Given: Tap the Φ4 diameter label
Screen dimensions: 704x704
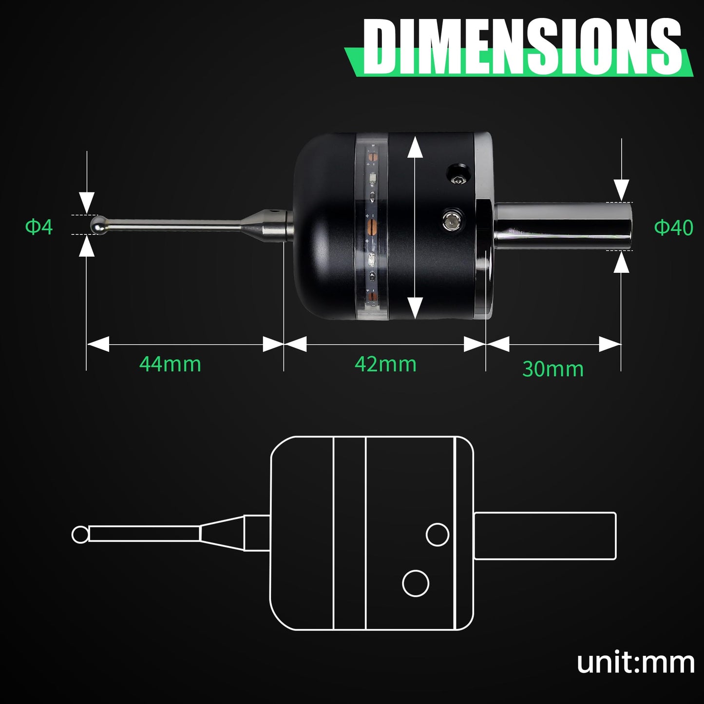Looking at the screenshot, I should click(39, 227).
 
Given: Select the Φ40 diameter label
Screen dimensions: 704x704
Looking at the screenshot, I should click(673, 228).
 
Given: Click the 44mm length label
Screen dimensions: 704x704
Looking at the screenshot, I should click(170, 364).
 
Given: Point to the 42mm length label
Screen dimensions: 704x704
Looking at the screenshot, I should click(385, 364).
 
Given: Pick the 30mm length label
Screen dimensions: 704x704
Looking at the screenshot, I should click(552, 369).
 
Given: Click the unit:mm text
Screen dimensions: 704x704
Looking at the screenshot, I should click(635, 663).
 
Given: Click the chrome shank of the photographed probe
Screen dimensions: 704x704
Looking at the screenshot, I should click(563, 226).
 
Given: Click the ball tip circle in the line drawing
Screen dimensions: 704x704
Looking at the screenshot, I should click(80, 534).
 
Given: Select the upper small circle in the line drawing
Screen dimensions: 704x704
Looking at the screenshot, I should click(438, 534).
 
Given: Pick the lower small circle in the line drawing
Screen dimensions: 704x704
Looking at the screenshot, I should click(416, 583).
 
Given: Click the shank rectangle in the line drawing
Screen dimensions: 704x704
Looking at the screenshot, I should click(545, 536).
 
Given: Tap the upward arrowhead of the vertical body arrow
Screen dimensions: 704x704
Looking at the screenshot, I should click(415, 147).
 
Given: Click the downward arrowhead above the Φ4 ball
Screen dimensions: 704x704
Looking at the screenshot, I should click(87, 202).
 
